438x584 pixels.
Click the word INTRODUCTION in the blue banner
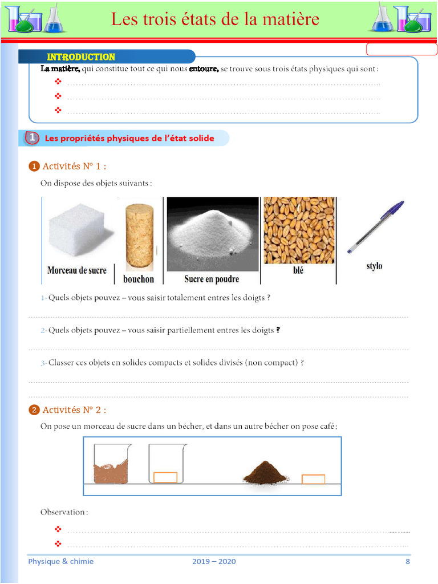click(81, 57)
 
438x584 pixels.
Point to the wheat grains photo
click(298, 230)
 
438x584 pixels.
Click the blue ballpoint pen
click(375, 227)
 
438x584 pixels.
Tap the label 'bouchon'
click(139, 279)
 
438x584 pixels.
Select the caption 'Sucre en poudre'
click(212, 279)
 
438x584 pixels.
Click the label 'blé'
click(298, 270)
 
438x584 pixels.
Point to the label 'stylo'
click(374, 266)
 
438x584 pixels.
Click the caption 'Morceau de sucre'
click(77, 270)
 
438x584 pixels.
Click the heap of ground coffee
click(265, 473)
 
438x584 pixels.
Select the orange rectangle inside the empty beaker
click(165, 477)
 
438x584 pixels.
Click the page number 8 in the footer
click(407, 561)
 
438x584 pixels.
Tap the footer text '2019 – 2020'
click(214, 561)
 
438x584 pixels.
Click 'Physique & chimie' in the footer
click(61, 561)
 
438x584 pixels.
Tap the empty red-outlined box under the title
click(401, 50)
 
